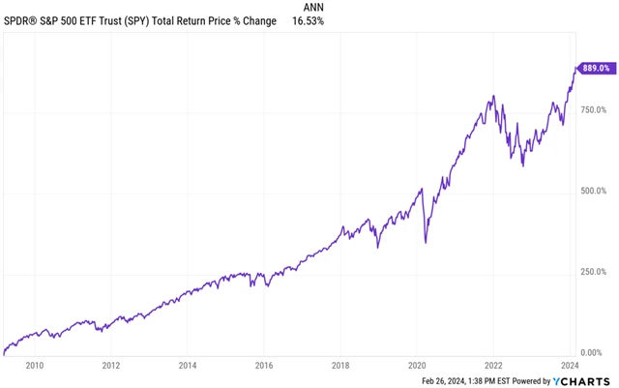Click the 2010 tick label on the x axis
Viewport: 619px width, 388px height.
pos(35,365)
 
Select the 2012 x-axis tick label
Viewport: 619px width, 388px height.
pos(110,365)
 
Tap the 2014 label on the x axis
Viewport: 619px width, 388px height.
pos(187,365)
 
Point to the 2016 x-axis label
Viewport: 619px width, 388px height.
pos(264,365)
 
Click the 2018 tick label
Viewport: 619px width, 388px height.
pos(340,365)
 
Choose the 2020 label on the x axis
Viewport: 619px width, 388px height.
pos(417,365)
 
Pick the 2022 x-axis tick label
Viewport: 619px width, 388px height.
pos(493,365)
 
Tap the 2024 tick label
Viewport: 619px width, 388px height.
pos(569,365)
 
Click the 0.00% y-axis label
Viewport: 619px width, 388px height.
pos(599,352)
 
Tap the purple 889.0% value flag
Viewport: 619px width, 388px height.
pos(595,68)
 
